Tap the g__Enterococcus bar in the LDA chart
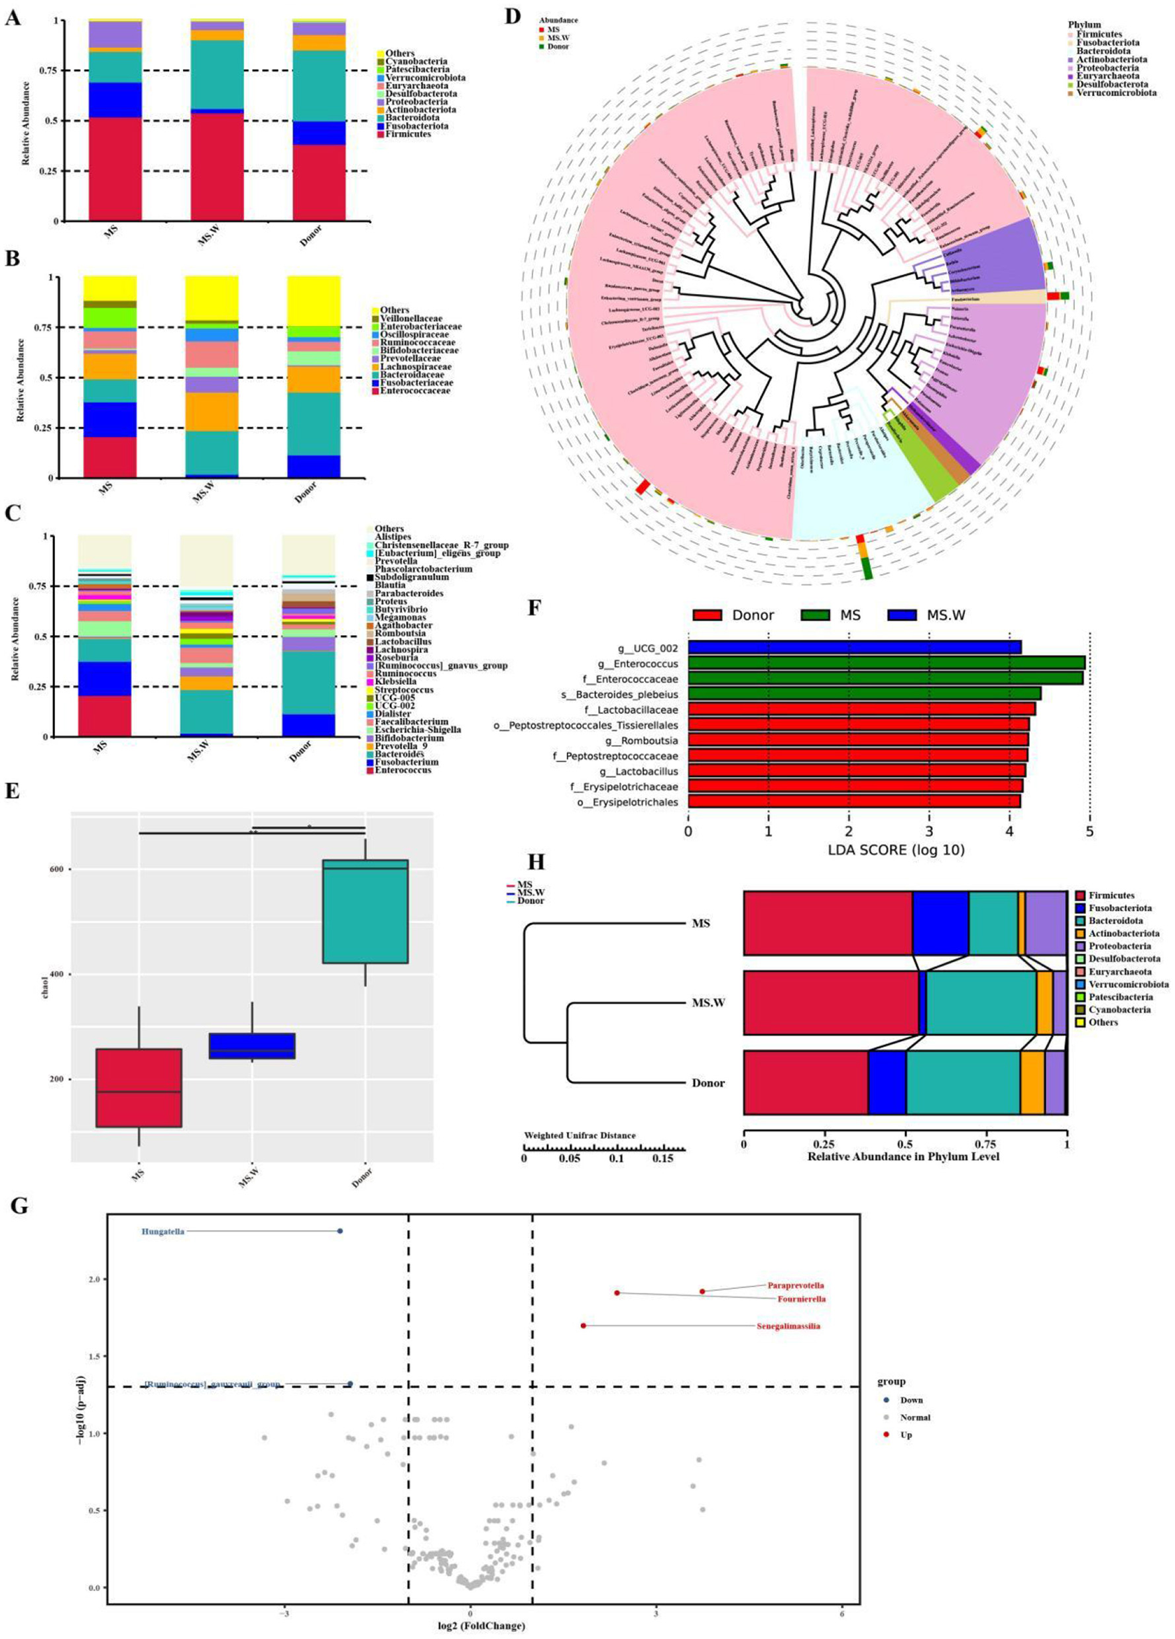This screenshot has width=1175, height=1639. (x=886, y=663)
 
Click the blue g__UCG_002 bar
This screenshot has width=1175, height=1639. (x=854, y=647)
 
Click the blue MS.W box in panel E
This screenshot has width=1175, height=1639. (x=252, y=1046)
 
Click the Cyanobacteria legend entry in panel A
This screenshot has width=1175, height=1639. (x=415, y=62)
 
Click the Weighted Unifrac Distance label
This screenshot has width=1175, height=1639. (x=580, y=1135)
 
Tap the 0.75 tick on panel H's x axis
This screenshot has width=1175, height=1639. (x=986, y=1144)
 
